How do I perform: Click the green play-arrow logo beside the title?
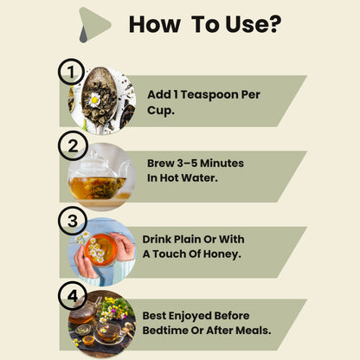pos(94,25)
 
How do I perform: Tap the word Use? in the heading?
pos(253,24)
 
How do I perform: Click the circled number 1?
pos(71,72)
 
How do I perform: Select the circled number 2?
pos(73,145)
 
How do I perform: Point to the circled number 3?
pos(73,221)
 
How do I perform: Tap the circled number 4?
pos(73,296)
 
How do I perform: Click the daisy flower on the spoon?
pos(94,100)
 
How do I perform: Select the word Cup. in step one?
pos(161,111)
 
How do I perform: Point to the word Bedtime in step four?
pos(165,331)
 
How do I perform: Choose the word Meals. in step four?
pos(254,331)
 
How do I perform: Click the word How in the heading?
pos(155,24)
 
